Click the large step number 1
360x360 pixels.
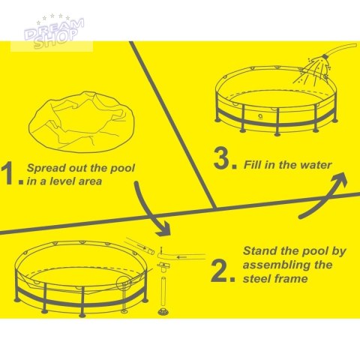click(x=7, y=173)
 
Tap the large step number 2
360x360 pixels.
click(x=219, y=271)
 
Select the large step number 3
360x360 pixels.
click(x=222, y=158)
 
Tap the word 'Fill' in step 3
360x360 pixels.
click(x=252, y=165)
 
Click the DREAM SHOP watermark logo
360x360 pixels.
click(x=55, y=31)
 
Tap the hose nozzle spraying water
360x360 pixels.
click(x=325, y=57)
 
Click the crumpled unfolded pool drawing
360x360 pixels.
click(x=82, y=121)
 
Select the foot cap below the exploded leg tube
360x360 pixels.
click(x=163, y=311)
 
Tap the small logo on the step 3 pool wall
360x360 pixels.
click(x=260, y=116)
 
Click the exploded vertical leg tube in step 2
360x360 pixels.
click(x=163, y=292)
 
